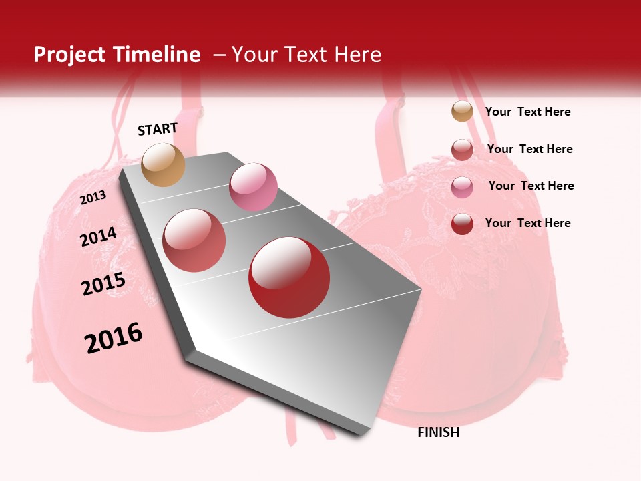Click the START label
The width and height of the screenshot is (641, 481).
coord(158,129)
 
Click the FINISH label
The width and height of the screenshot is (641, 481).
coord(438,432)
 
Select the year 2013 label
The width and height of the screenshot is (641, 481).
coord(93,198)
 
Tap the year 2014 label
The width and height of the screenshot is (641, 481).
coord(98,237)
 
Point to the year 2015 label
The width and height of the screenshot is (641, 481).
coord(103,284)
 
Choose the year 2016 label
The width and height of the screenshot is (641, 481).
coord(114,339)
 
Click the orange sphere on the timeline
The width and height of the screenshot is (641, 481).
coord(163,164)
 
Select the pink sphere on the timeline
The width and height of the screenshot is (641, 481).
coord(253,187)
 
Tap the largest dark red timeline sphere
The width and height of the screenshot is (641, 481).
coord(289,277)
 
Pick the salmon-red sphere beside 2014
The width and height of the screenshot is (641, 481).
coord(194,240)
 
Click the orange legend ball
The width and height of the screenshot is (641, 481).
coord(462,111)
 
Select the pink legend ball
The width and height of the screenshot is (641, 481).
coord(462,186)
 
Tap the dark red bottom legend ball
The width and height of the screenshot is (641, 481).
coord(462,224)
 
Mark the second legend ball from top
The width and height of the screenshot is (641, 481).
coord(462,149)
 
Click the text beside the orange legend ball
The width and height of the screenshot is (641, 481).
coord(527,112)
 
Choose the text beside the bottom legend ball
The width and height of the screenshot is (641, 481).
coord(527,223)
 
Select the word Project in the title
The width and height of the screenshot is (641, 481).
coord(70,55)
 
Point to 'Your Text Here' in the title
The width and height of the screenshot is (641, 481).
coord(306,55)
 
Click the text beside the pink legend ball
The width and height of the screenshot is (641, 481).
coord(531,186)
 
